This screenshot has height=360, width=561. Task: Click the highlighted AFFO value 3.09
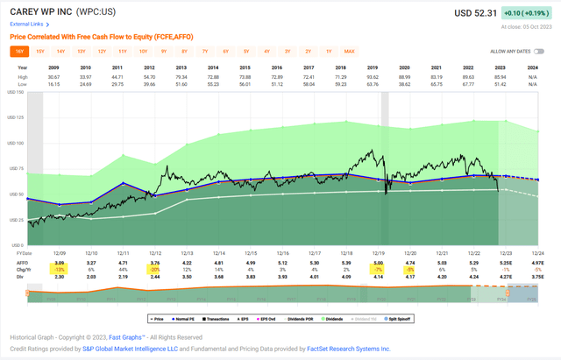[x=60, y=262]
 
